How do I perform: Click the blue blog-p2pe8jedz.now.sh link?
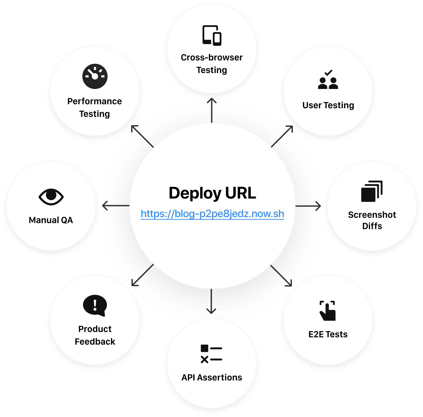212,214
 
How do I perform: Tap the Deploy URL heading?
212,193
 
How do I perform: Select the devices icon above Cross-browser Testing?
212,35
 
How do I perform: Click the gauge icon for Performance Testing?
95,76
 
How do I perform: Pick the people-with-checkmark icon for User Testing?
328,80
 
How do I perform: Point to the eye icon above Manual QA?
51,197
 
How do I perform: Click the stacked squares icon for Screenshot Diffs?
372,191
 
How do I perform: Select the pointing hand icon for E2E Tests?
328,311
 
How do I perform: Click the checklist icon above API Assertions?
211,354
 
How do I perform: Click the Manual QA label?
51,220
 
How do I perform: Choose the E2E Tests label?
328,334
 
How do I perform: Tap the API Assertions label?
212,377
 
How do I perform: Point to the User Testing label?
328,105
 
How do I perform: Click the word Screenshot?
372,215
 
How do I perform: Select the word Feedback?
95,342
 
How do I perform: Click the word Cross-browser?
212,57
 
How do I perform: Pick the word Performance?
95,101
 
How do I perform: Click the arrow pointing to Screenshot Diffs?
309,206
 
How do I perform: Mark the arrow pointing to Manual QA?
115,206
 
